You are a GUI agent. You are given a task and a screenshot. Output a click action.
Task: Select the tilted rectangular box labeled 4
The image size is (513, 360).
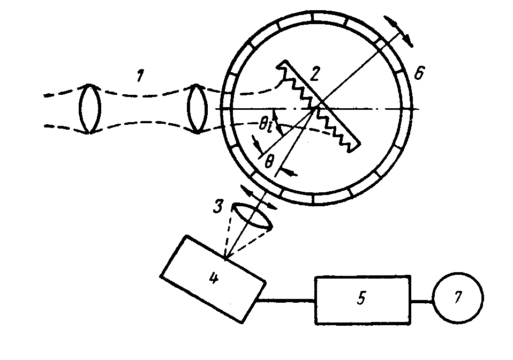(x=213, y=279)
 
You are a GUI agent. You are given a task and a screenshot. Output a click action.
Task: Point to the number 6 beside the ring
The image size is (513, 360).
(x=420, y=73)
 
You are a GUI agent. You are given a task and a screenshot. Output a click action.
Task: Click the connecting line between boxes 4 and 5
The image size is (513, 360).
(x=286, y=300)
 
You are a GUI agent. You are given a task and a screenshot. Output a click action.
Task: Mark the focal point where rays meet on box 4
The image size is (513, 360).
(x=227, y=260)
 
